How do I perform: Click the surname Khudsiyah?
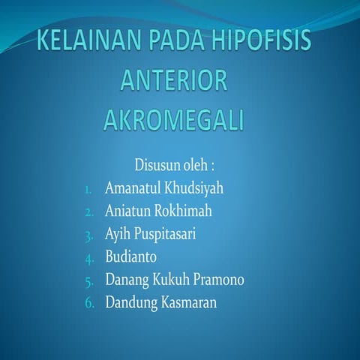tap(191, 187)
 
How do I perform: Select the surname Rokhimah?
tap(185, 211)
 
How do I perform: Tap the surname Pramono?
tap(218, 280)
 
